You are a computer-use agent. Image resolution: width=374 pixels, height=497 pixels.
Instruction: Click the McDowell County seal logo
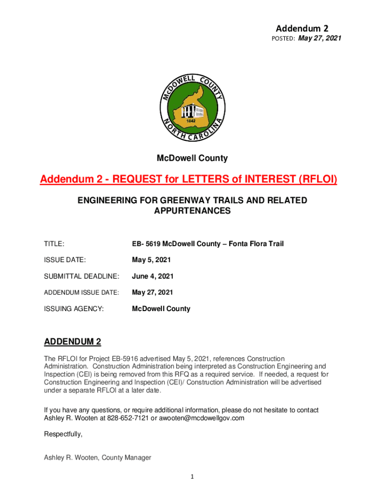(191, 109)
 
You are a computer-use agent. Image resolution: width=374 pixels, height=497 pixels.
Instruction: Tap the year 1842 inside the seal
(192, 119)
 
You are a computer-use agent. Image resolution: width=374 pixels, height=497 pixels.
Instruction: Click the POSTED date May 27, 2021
(320, 38)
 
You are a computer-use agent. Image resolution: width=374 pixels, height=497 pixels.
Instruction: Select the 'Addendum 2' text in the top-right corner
(305, 28)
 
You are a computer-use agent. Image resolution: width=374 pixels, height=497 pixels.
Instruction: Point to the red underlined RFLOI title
(188, 180)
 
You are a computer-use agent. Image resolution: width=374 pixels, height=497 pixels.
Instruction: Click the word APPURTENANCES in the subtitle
(192, 211)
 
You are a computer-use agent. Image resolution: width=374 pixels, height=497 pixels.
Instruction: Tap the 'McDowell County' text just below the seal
(192, 158)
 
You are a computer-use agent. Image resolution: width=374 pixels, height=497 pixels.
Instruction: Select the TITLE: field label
(54, 244)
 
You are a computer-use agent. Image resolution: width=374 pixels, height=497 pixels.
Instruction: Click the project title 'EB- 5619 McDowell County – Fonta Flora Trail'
(208, 244)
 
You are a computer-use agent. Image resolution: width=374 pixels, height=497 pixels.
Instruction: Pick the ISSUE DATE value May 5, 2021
(152, 260)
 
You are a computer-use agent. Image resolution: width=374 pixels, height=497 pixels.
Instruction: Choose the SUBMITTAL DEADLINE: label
(82, 276)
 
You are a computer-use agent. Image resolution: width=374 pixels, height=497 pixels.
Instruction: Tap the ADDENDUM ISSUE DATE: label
(82, 292)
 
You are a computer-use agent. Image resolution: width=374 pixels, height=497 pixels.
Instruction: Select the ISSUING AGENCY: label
(74, 309)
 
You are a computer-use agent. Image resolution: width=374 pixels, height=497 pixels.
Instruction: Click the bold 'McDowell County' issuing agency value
(161, 309)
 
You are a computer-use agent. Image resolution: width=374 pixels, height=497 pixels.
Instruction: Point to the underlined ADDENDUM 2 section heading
(72, 342)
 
